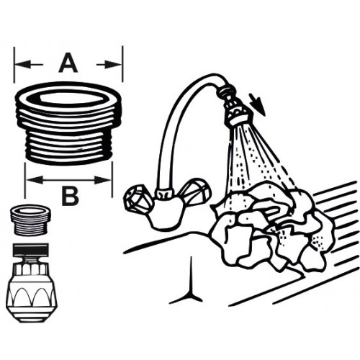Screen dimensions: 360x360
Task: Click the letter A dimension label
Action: [68, 63]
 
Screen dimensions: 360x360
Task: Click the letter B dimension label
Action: [70, 196]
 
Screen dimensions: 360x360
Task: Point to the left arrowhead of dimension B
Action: [35, 179]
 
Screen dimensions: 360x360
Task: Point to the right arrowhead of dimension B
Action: [102, 179]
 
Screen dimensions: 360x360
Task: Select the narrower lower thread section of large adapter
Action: [68, 145]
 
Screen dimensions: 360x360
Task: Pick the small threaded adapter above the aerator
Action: [30, 220]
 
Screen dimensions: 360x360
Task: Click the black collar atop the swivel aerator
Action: [30, 250]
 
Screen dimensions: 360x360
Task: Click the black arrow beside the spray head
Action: [257, 106]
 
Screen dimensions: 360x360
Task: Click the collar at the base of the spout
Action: [164, 194]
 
